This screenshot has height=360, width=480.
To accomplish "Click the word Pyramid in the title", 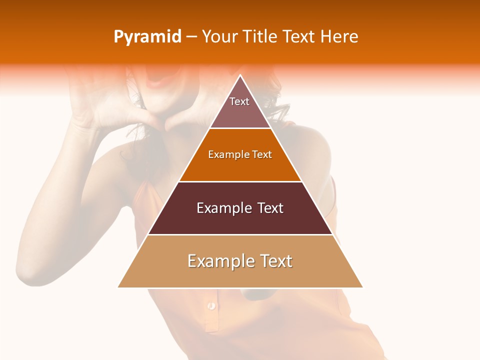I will (147, 37).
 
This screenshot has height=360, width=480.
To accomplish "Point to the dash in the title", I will (191, 37).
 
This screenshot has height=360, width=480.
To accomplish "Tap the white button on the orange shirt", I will (211, 305).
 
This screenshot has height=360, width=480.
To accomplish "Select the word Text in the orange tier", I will (262, 154).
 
